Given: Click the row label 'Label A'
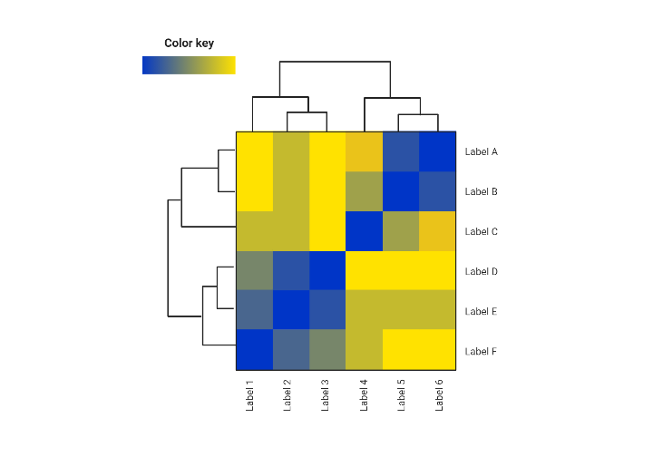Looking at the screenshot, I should tap(481, 151).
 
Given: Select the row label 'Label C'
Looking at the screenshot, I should tap(481, 231).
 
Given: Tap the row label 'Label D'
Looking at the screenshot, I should tap(481, 271).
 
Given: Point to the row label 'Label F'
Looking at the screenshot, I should tap(481, 351).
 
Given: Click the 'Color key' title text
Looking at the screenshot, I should tap(189, 43).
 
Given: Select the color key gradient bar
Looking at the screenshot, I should tap(189, 65).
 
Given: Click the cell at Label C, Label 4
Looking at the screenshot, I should tap(364, 231).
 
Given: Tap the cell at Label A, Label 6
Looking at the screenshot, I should tap(437, 151).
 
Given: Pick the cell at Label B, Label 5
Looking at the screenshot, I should tap(400, 191).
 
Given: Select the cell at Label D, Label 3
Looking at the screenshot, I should tap(327, 271).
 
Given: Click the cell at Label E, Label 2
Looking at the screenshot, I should tap(291, 311).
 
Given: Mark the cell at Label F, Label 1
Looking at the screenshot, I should tap(255, 351).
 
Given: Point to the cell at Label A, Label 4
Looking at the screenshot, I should tap(364, 151).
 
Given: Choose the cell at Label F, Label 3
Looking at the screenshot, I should tap(327, 351).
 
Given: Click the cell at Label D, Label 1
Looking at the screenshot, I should tap(255, 271).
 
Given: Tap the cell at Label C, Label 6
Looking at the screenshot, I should tap(437, 231).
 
